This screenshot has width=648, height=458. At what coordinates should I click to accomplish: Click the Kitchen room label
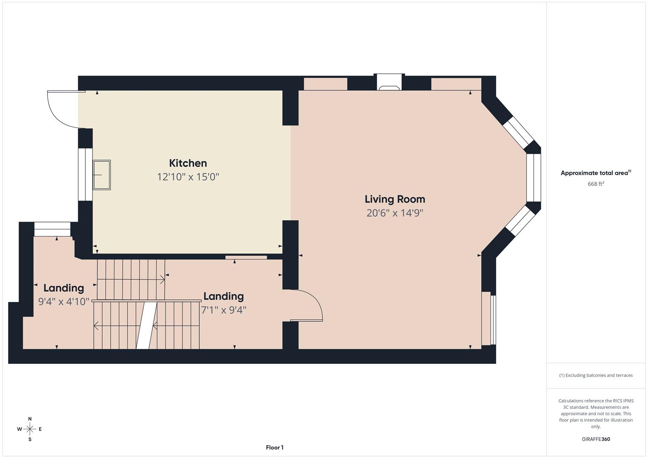(188, 163)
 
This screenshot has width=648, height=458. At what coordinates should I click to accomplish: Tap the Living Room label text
(395, 199)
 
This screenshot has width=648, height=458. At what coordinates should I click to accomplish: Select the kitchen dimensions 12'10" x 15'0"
(188, 177)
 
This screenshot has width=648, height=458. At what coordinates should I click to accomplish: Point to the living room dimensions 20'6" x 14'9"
(395, 213)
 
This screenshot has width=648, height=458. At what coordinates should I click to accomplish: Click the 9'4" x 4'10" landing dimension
(64, 302)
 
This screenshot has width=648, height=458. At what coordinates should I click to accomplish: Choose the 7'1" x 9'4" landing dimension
(224, 310)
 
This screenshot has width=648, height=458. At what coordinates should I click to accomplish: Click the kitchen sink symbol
(102, 175)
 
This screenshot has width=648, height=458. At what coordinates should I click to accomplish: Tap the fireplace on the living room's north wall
(389, 83)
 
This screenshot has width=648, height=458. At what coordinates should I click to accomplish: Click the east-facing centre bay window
(533, 177)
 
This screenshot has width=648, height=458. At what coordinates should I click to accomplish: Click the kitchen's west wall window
(85, 174)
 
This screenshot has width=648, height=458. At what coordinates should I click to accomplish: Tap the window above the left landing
(52, 229)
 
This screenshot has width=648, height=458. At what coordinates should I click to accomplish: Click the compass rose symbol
(30, 429)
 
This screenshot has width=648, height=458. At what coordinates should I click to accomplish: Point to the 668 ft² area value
(596, 184)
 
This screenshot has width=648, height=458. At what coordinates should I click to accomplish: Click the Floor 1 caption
(275, 447)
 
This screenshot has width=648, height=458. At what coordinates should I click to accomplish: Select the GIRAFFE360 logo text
(596, 439)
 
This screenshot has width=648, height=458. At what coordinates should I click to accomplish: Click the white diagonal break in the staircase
(146, 325)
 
